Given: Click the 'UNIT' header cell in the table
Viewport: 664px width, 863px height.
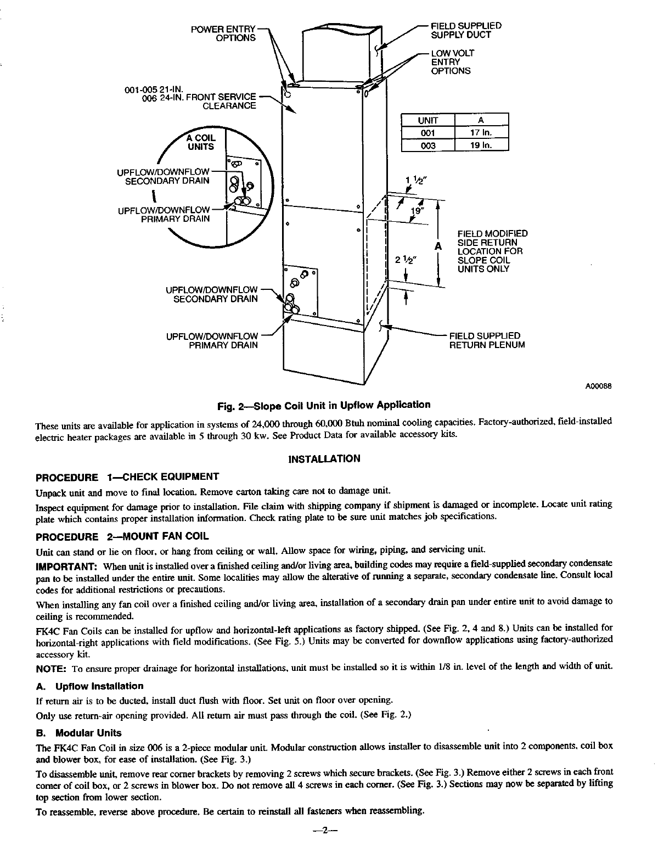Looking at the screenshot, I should [428, 120].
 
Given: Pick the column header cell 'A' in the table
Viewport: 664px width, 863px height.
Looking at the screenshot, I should [481, 120].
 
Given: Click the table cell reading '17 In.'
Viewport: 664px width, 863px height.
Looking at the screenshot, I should [481, 133].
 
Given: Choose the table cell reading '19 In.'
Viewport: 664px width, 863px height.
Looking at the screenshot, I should [481, 145].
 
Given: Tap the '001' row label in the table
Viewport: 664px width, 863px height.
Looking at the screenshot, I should [428, 133].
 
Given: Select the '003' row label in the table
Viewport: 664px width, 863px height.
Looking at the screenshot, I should [428, 145].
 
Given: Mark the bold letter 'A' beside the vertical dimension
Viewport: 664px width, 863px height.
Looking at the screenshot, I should [438, 246].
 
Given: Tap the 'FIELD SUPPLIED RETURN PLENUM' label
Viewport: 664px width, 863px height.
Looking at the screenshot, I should [487, 340].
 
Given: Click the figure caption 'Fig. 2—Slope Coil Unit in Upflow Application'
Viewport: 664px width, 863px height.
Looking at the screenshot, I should [324, 405].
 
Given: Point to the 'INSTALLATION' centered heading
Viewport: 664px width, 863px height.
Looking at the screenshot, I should [324, 458].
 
